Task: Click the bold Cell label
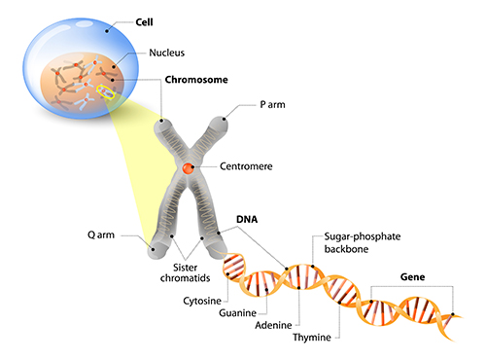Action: (144, 22)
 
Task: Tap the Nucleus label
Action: (166, 53)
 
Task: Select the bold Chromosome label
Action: (196, 80)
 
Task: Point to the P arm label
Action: (272, 105)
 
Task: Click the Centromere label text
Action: (246, 166)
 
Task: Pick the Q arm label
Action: (101, 234)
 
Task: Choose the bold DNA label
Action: (247, 220)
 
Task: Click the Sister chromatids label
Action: (185, 272)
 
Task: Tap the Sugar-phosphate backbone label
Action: (363, 242)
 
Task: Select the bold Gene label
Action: (412, 277)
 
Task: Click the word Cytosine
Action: (202, 301)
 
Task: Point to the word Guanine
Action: (237, 313)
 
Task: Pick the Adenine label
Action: (273, 325)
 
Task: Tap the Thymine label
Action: (312, 338)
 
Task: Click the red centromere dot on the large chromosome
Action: (188, 168)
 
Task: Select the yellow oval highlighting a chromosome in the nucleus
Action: (106, 91)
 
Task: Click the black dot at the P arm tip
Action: (224, 119)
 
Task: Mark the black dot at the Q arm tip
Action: (153, 249)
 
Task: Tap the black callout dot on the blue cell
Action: (107, 31)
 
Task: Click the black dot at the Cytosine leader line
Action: (227, 274)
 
